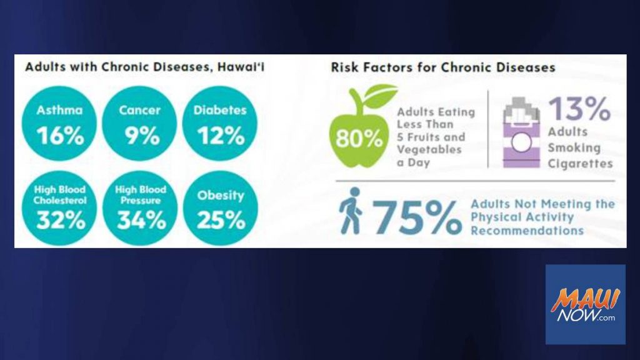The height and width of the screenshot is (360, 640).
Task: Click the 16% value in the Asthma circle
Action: pos(61,136)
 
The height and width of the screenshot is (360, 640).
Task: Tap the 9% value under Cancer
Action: pos(142,136)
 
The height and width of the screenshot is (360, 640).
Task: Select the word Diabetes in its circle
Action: pos(220,110)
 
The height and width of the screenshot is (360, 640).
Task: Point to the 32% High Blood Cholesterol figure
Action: pos(61,220)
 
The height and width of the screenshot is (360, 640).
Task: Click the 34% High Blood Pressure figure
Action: pos(142,220)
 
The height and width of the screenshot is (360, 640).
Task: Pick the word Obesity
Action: pos(221,196)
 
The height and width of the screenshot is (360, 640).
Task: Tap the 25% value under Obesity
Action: pos(221,220)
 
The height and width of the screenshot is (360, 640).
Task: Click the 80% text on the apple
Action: pos(359,139)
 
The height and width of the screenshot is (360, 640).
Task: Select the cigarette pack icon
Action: pos(521,132)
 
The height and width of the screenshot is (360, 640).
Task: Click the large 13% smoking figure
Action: pos(579,109)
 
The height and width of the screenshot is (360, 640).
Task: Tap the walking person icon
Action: pos(351,211)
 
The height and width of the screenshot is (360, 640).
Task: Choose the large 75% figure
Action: pos(417,217)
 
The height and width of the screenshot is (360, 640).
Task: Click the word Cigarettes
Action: pos(580,164)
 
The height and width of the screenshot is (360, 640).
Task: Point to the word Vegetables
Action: pos(429,150)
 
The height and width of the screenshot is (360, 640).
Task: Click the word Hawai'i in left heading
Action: pos(241,67)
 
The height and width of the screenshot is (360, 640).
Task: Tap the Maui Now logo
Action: pos(585,304)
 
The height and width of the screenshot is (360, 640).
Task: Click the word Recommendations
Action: pos(527,231)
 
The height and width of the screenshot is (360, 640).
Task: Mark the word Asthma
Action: pos(59,110)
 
